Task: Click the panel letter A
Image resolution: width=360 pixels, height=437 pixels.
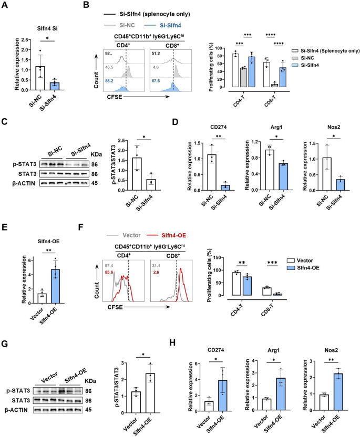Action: [x=5, y=5]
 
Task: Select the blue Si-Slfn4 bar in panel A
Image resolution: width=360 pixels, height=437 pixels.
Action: [x=55, y=86]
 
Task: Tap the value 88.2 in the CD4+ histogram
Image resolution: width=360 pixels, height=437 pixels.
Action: [x=109, y=81]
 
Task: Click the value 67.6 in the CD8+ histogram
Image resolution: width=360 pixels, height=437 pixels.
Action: [x=156, y=81]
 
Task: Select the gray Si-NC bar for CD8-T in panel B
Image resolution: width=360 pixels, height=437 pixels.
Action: [x=274, y=85]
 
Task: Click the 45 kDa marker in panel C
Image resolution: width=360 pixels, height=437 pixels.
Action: [x=95, y=183]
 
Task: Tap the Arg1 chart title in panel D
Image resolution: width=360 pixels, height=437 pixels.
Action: [x=275, y=127]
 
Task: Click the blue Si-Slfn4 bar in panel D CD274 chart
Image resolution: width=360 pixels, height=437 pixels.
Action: [x=225, y=188]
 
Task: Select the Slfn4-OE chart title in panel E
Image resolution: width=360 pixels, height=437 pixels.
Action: [x=48, y=242]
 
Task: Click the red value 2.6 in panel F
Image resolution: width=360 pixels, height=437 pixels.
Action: [x=156, y=272]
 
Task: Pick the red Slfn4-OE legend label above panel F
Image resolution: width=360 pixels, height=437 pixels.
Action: [x=174, y=235]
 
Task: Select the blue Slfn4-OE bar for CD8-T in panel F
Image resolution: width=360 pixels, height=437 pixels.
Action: [x=277, y=294]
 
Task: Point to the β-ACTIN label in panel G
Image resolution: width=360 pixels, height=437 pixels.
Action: [x=16, y=410]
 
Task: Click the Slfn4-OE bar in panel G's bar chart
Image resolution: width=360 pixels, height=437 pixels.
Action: [x=150, y=393]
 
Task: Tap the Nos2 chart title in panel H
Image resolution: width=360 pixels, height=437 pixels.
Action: [x=331, y=350]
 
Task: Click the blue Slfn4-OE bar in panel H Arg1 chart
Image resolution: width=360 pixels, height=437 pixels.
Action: [x=281, y=394]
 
